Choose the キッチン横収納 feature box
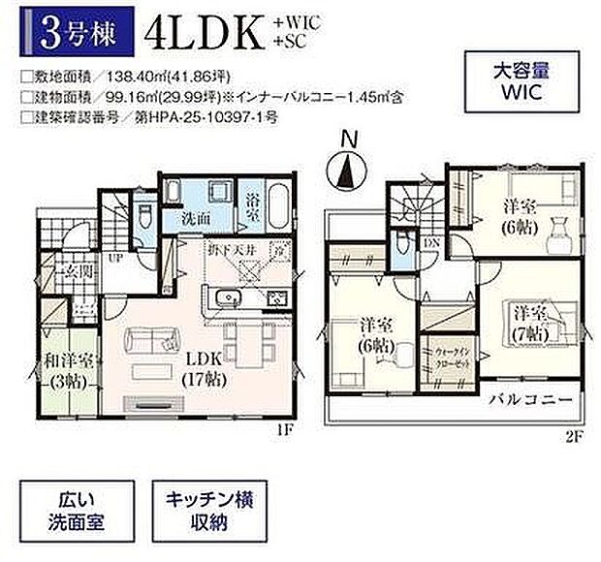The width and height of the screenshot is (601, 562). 207,515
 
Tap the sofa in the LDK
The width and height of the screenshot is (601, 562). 155,341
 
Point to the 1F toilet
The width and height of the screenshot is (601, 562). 142,216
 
